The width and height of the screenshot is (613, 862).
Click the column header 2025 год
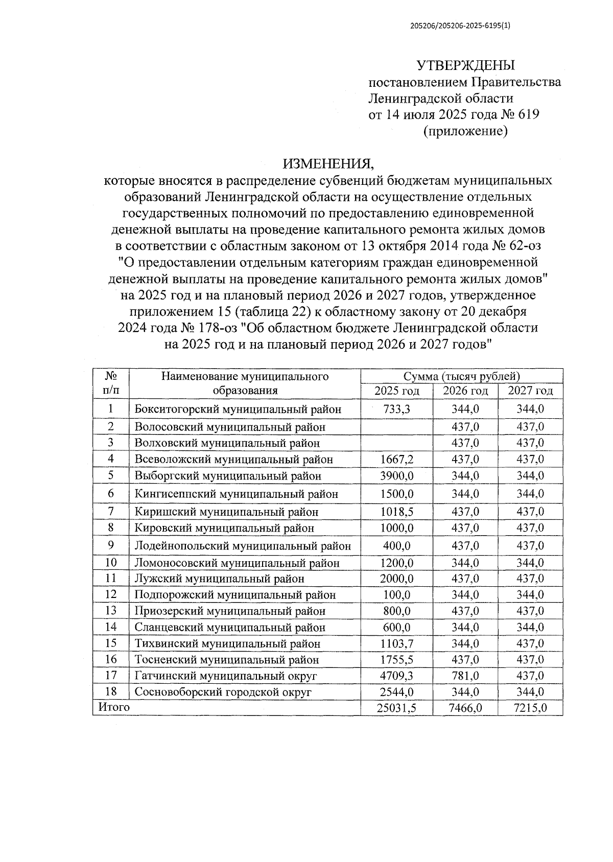tap(396, 391)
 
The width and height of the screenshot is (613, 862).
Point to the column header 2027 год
tap(530, 391)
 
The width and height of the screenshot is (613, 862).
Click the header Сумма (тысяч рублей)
tap(461, 377)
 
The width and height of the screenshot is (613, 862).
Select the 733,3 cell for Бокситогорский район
tap(396, 409)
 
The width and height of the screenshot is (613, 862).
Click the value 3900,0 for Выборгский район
tap(396, 476)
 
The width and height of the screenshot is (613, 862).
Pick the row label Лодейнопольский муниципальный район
tap(243, 546)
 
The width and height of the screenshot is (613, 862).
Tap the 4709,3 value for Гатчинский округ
tap(396, 676)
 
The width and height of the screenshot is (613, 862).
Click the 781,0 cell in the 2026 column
tap(465, 676)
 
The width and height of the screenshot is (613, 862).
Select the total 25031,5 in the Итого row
tap(396, 708)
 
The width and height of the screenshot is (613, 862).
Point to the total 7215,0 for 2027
tap(530, 708)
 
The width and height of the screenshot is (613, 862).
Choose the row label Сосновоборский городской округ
tap(223, 692)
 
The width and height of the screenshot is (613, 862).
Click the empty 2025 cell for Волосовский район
tap(396, 426)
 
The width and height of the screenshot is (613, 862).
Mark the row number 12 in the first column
tap(110, 594)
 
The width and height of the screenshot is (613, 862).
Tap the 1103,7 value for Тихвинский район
tap(396, 643)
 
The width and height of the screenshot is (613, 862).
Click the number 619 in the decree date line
tap(528, 114)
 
